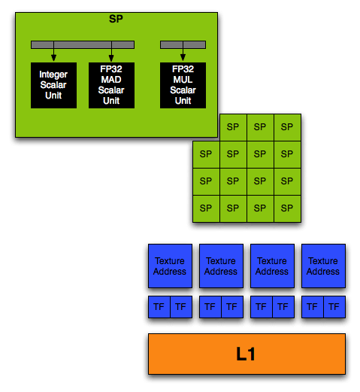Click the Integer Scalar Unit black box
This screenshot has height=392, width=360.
point(53,85)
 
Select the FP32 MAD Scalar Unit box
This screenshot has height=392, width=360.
point(111,85)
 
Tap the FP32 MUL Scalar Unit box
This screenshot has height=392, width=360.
point(183,85)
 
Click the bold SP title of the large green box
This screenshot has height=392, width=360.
point(116,19)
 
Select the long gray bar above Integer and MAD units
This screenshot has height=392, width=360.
point(83,45)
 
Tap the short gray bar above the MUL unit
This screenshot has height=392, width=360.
point(183,45)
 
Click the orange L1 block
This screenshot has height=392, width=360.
point(247,354)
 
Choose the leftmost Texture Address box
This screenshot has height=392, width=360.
point(170,266)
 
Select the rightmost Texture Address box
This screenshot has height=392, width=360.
point(323,266)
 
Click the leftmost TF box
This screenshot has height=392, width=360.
point(159,307)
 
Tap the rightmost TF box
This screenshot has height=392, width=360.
point(334,307)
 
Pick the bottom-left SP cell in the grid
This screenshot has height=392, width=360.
point(206,208)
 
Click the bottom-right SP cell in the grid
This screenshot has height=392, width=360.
point(287,208)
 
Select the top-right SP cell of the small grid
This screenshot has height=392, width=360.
point(287,127)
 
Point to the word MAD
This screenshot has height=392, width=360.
point(111,80)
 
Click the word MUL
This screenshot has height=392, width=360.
point(183,80)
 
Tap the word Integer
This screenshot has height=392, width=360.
point(53,74)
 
